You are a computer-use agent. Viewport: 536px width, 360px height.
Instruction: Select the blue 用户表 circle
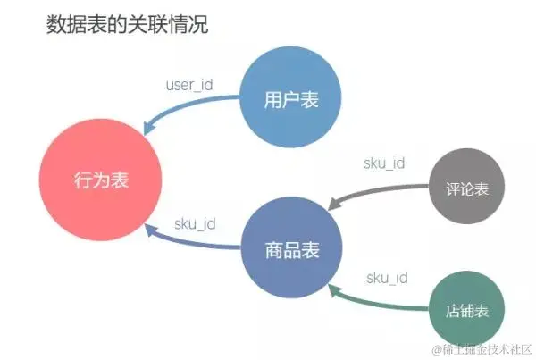pyautogui.click(x=291, y=98)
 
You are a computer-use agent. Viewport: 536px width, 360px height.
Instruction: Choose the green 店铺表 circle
pyautogui.click(x=467, y=310)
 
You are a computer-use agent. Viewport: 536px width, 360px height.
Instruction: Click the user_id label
pyautogui.click(x=189, y=86)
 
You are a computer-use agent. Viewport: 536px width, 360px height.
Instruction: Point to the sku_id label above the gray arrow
pyautogui.click(x=384, y=163)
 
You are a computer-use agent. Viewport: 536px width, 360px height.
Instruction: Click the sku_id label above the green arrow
pyautogui.click(x=387, y=278)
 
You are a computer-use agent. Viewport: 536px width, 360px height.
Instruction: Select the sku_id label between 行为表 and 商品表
pyautogui.click(x=194, y=223)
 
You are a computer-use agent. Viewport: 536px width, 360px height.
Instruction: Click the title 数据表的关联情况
pyautogui.click(x=127, y=24)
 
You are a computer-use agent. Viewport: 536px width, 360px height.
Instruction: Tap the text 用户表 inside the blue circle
pyautogui.click(x=291, y=99)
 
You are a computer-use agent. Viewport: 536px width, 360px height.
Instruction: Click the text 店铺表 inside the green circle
pyautogui.click(x=467, y=311)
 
